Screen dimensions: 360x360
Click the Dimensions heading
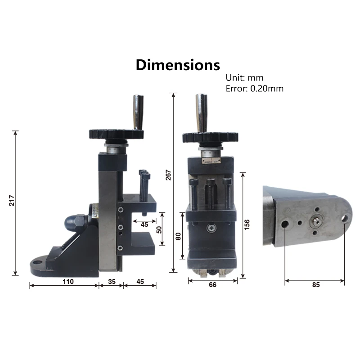(178, 65)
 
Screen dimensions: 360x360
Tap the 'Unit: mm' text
(244, 78)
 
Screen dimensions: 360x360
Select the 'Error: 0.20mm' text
(255, 89)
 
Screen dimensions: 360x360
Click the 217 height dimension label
(12, 200)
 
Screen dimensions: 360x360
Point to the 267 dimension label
(168, 175)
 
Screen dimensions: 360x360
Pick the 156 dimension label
(247, 225)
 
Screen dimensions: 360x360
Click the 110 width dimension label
(68, 282)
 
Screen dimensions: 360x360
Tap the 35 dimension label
(112, 282)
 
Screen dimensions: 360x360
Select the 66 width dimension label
(212, 285)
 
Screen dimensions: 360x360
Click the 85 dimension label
(316, 285)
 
